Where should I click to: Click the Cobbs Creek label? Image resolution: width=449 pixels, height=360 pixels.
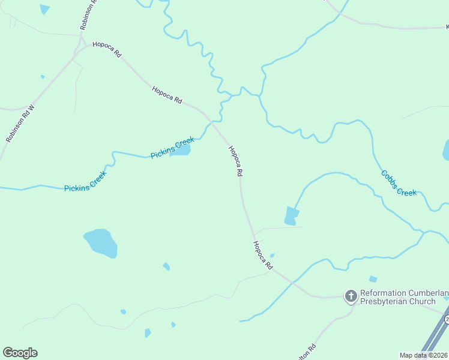[399, 183]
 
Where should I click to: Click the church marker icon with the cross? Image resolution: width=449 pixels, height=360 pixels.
[351, 296]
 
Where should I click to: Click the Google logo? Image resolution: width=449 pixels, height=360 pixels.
[20, 353]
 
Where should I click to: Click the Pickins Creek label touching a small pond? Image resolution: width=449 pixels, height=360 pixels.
[172, 148]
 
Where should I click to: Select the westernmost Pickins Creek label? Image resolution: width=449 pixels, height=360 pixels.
[85, 181]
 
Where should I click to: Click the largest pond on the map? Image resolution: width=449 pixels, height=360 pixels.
[101, 242]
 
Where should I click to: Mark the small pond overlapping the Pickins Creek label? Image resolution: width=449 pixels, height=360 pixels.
[181, 150]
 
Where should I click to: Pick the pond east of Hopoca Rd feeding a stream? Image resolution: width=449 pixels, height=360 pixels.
[291, 216]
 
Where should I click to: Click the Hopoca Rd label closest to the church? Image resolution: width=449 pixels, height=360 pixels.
[263, 255]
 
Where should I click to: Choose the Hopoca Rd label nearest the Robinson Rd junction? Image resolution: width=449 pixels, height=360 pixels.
[107, 50]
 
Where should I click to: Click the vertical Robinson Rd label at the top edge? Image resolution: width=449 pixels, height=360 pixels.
[88, 16]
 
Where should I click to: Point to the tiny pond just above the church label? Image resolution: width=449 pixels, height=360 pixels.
[373, 279]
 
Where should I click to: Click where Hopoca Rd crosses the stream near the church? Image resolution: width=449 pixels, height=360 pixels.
[293, 282]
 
